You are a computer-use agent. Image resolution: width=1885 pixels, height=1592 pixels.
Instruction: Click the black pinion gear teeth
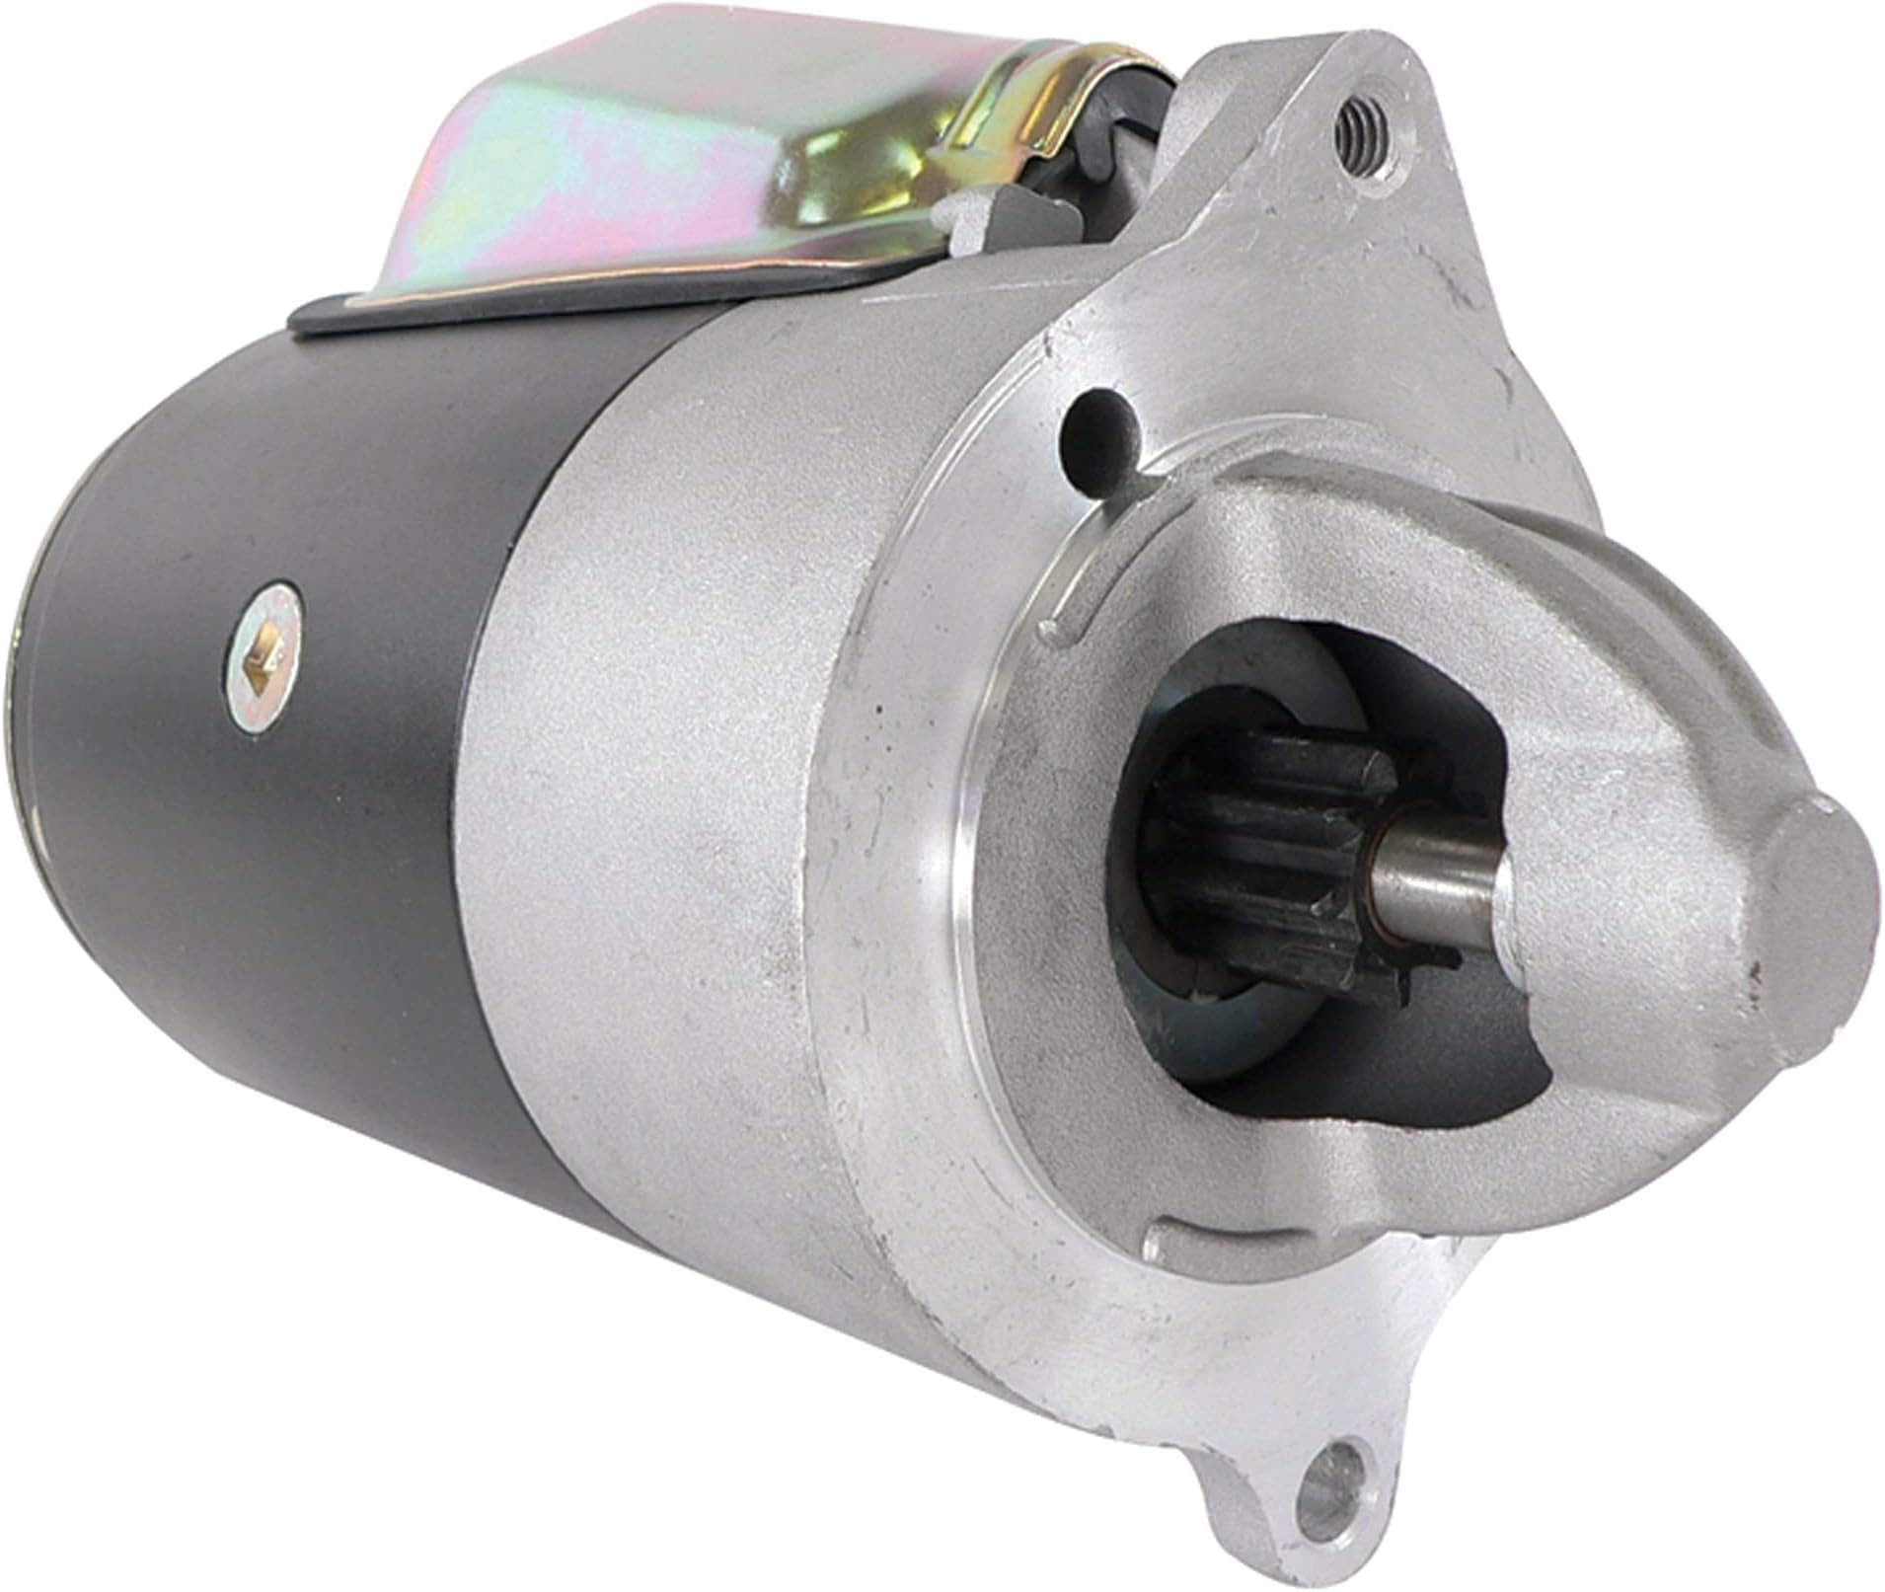pyautogui.click(x=1273, y=849)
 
